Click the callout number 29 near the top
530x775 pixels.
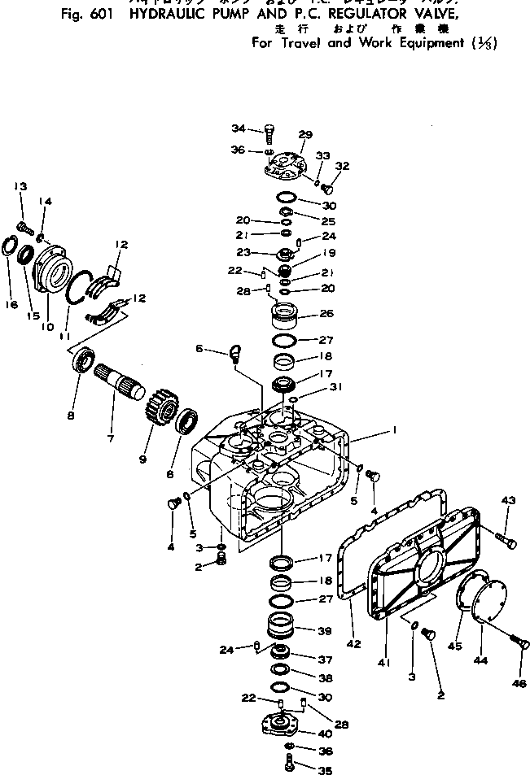coord(305,135)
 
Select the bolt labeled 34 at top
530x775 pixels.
coord(269,131)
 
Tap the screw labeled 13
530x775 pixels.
coord(24,220)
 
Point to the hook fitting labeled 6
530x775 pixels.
coord(235,353)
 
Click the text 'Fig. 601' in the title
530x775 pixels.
coord(84,19)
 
